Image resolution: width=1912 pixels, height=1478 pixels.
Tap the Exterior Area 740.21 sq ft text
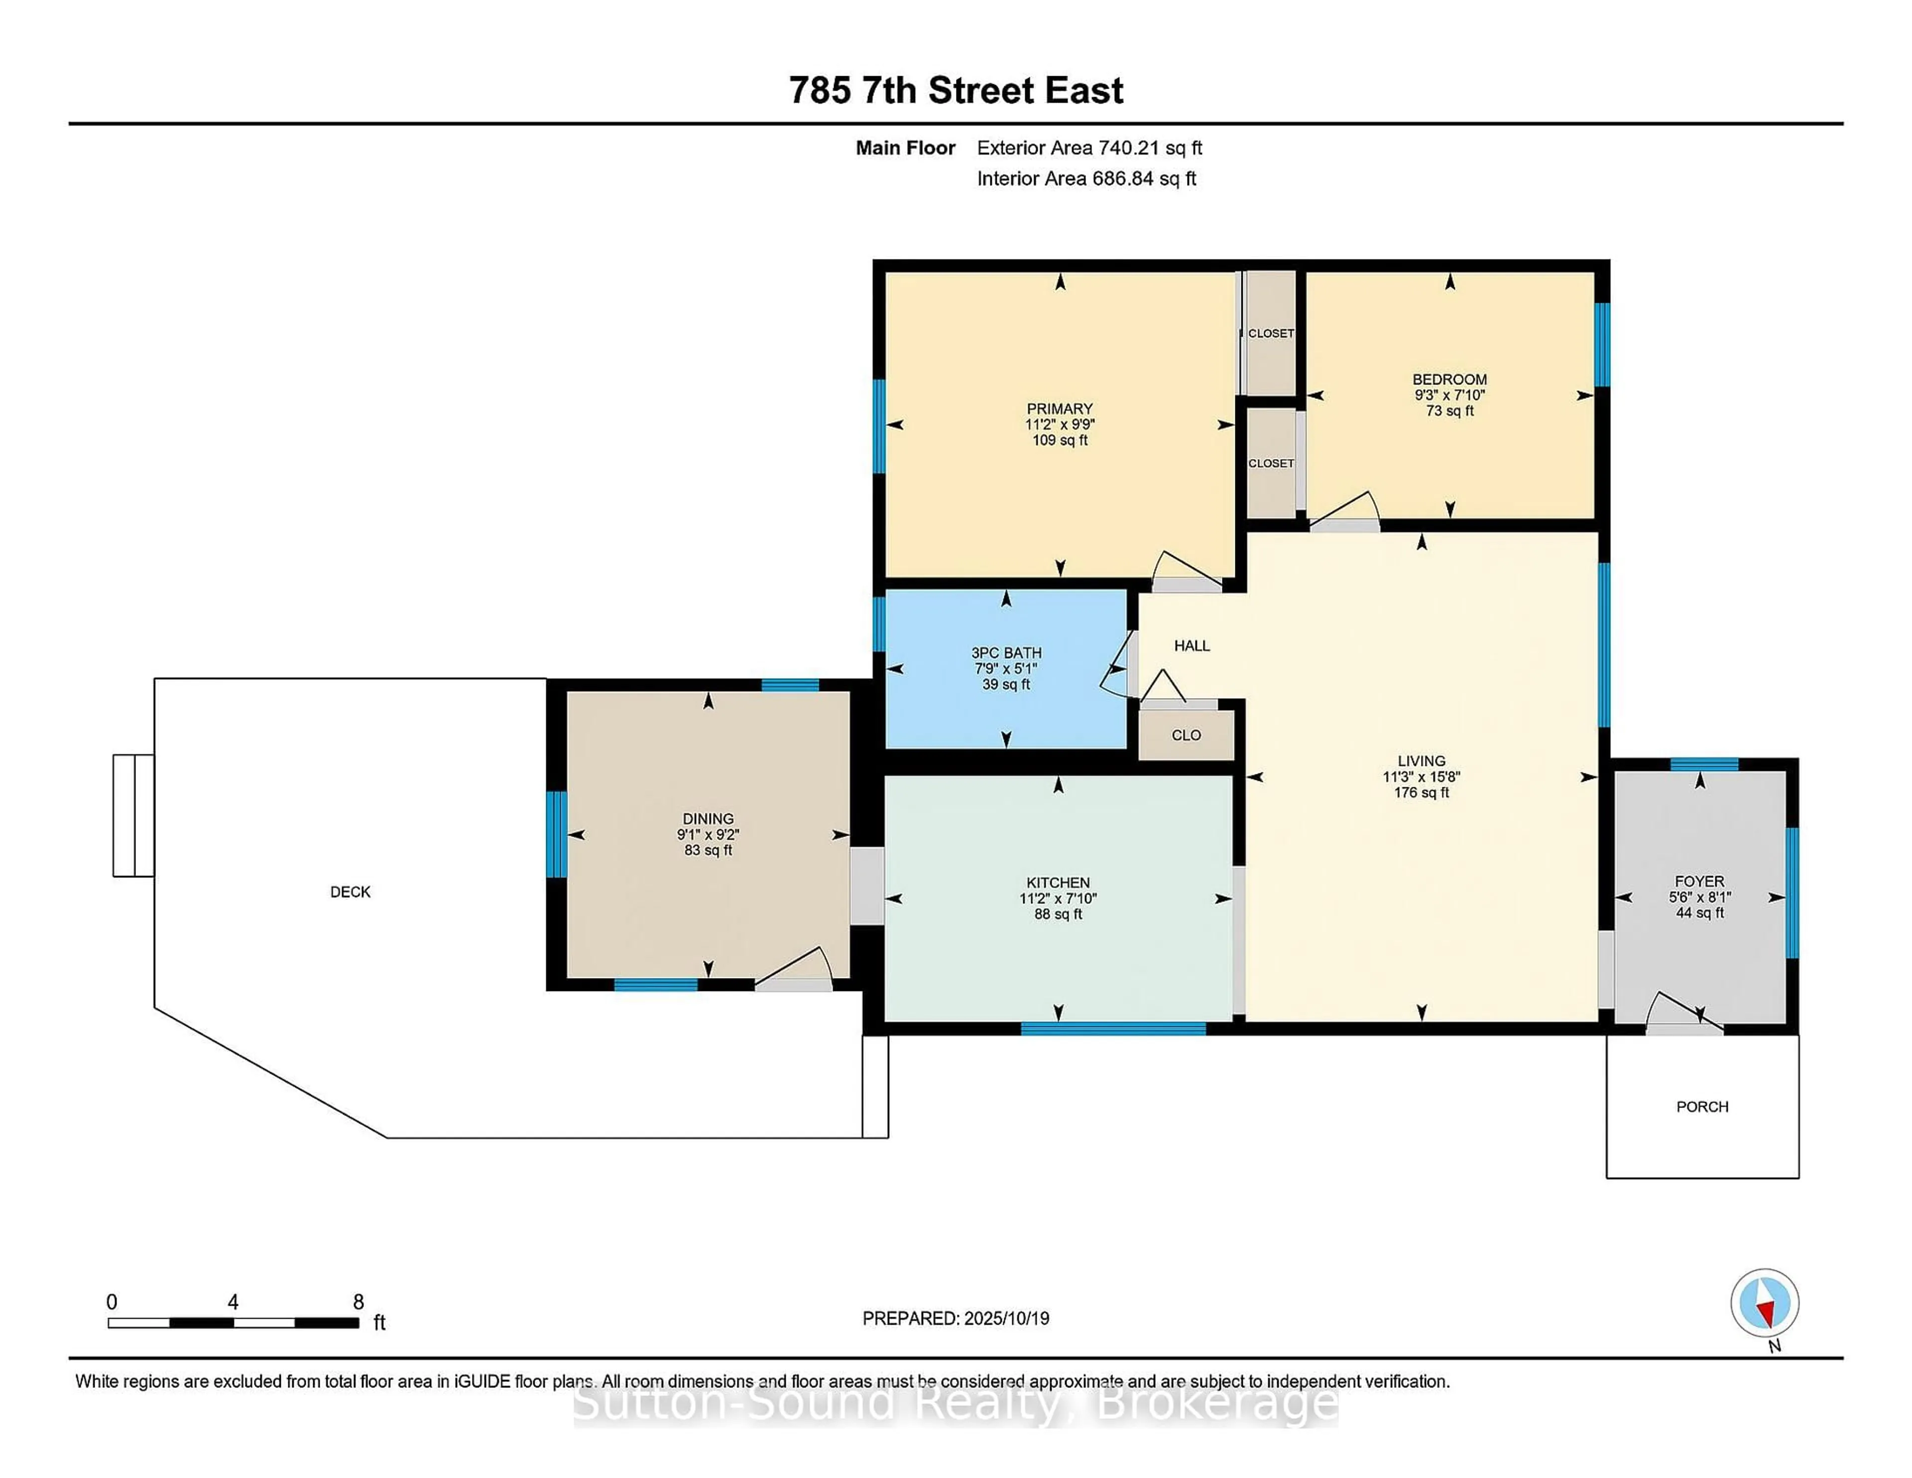point(1089,148)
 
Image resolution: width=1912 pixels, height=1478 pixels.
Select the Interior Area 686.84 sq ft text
point(1085,179)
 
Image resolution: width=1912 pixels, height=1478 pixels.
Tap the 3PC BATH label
point(1006,652)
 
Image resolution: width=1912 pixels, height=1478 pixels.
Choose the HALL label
point(1192,645)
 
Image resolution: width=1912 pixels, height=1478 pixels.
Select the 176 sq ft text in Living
point(1421,792)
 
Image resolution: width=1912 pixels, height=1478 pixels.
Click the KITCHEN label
point(1058,882)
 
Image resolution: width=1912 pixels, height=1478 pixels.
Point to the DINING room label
point(708,819)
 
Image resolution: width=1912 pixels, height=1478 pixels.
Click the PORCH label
point(1702,1107)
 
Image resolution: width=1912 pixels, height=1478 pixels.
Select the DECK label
point(350,891)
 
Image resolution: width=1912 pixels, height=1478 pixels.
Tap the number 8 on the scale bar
point(358,1302)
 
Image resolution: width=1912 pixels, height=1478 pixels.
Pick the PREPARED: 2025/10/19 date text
point(955,1319)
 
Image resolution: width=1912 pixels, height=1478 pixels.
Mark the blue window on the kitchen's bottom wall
point(1113,1029)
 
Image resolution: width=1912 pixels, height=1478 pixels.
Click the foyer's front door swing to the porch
point(1682,1016)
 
